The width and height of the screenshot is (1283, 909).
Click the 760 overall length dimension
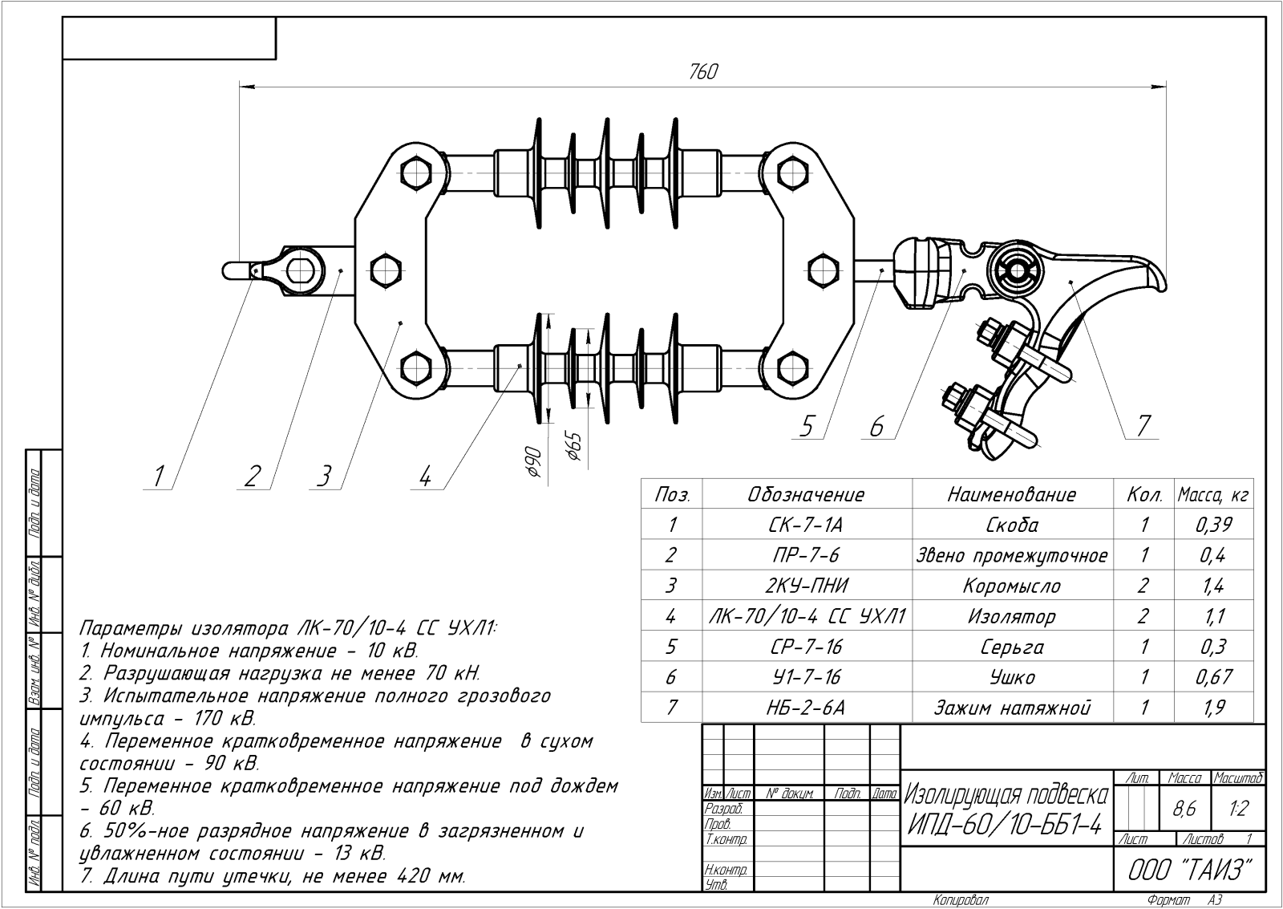coord(702,72)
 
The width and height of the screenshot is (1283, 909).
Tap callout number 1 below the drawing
coord(159,477)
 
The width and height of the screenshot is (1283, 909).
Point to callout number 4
coord(425,477)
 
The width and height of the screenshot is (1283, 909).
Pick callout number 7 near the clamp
coord(1143,426)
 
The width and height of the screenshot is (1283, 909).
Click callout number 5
coord(807,427)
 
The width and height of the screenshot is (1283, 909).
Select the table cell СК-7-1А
coord(806,526)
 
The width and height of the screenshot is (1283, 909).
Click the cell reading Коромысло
coord(1011,586)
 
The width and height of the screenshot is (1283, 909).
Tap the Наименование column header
coord(1011,494)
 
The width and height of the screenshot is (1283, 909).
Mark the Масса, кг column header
coord(1212,495)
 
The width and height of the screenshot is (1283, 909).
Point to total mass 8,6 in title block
coord(1184,810)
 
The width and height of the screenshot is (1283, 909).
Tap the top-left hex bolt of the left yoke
coord(415,172)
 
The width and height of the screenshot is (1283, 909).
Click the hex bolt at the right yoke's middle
coord(822,268)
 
